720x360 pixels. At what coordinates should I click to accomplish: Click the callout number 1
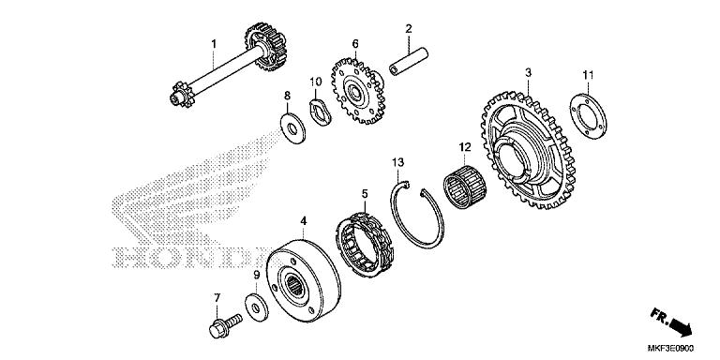click(213, 43)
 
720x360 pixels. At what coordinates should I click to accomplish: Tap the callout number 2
click(409, 30)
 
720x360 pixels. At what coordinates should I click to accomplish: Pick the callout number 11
click(588, 74)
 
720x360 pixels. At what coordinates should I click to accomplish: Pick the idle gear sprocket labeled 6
click(356, 94)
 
